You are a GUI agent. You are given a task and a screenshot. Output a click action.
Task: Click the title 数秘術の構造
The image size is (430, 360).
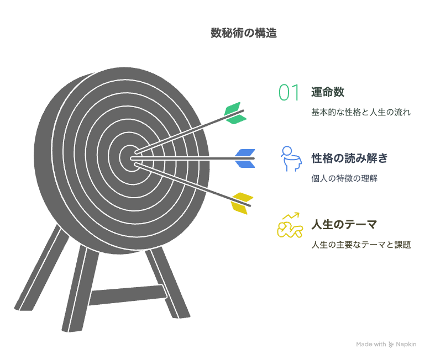[x=243, y=33]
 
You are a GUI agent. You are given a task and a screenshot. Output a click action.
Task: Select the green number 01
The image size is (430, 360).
[x=289, y=93]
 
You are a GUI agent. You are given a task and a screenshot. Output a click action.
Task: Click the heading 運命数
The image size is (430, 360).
[x=328, y=92]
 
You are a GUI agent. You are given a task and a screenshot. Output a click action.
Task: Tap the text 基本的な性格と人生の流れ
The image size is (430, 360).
[x=361, y=112]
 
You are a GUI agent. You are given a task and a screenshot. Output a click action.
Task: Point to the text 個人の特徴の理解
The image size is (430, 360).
[x=344, y=179]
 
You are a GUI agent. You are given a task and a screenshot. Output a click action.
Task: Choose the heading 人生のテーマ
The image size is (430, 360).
[x=344, y=225]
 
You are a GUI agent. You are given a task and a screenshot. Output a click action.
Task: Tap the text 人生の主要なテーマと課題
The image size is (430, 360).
[x=361, y=245]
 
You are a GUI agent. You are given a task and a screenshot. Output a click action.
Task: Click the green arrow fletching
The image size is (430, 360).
[x=234, y=113]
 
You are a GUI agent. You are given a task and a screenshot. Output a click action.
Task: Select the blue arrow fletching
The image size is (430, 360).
[x=244, y=158]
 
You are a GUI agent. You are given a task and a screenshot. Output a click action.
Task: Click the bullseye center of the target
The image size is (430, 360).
[x=131, y=157]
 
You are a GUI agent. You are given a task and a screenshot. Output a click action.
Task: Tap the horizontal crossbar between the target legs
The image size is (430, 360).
[x=127, y=295]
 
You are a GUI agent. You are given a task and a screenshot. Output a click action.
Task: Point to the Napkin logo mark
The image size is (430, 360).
[x=391, y=344]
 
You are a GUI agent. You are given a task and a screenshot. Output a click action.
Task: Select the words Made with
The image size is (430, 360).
[x=371, y=344]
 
